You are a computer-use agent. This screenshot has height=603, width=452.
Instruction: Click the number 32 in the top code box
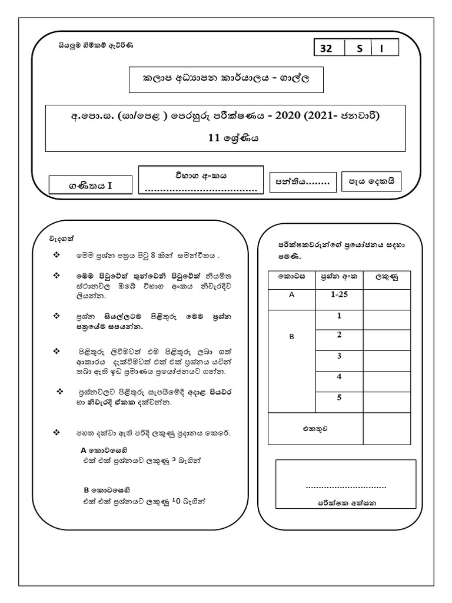click(326, 49)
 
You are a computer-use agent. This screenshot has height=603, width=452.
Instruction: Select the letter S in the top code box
click(359, 49)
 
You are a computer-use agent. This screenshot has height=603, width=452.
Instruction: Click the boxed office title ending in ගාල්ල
click(227, 79)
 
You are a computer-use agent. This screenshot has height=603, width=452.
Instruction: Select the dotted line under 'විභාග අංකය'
click(201, 190)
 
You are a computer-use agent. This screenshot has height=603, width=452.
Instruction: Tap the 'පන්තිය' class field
click(303, 182)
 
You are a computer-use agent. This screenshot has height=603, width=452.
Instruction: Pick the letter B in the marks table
click(291, 337)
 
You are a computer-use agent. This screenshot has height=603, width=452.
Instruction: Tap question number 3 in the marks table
click(339, 356)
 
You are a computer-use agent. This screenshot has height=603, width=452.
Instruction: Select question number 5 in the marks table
click(339, 397)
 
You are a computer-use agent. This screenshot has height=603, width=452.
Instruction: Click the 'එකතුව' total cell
click(316, 429)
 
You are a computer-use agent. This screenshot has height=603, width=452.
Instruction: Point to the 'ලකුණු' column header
click(387, 277)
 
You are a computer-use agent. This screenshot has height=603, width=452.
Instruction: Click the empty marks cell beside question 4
click(387, 377)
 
